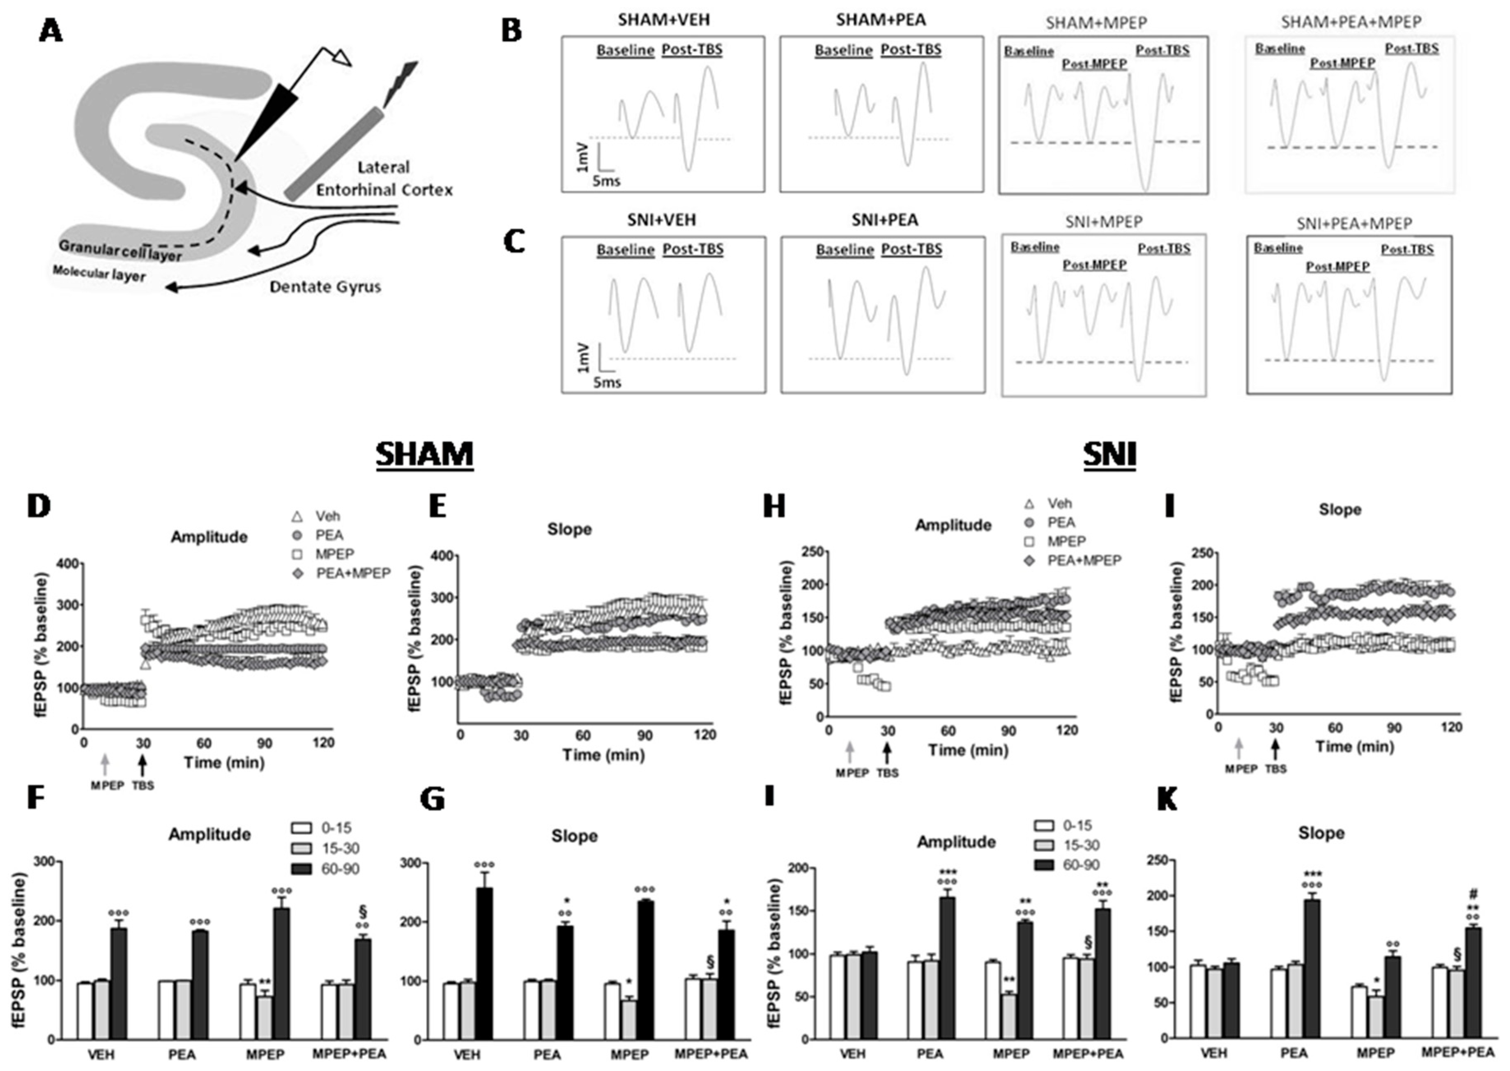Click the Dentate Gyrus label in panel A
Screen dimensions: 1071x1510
pos(325,287)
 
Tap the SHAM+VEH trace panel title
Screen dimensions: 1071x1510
pos(664,20)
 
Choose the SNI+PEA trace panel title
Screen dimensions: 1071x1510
pos(884,220)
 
